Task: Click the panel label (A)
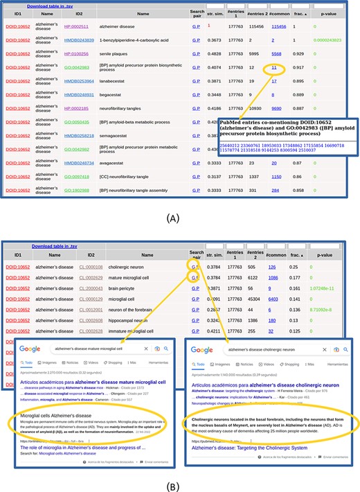pos(180,216)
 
